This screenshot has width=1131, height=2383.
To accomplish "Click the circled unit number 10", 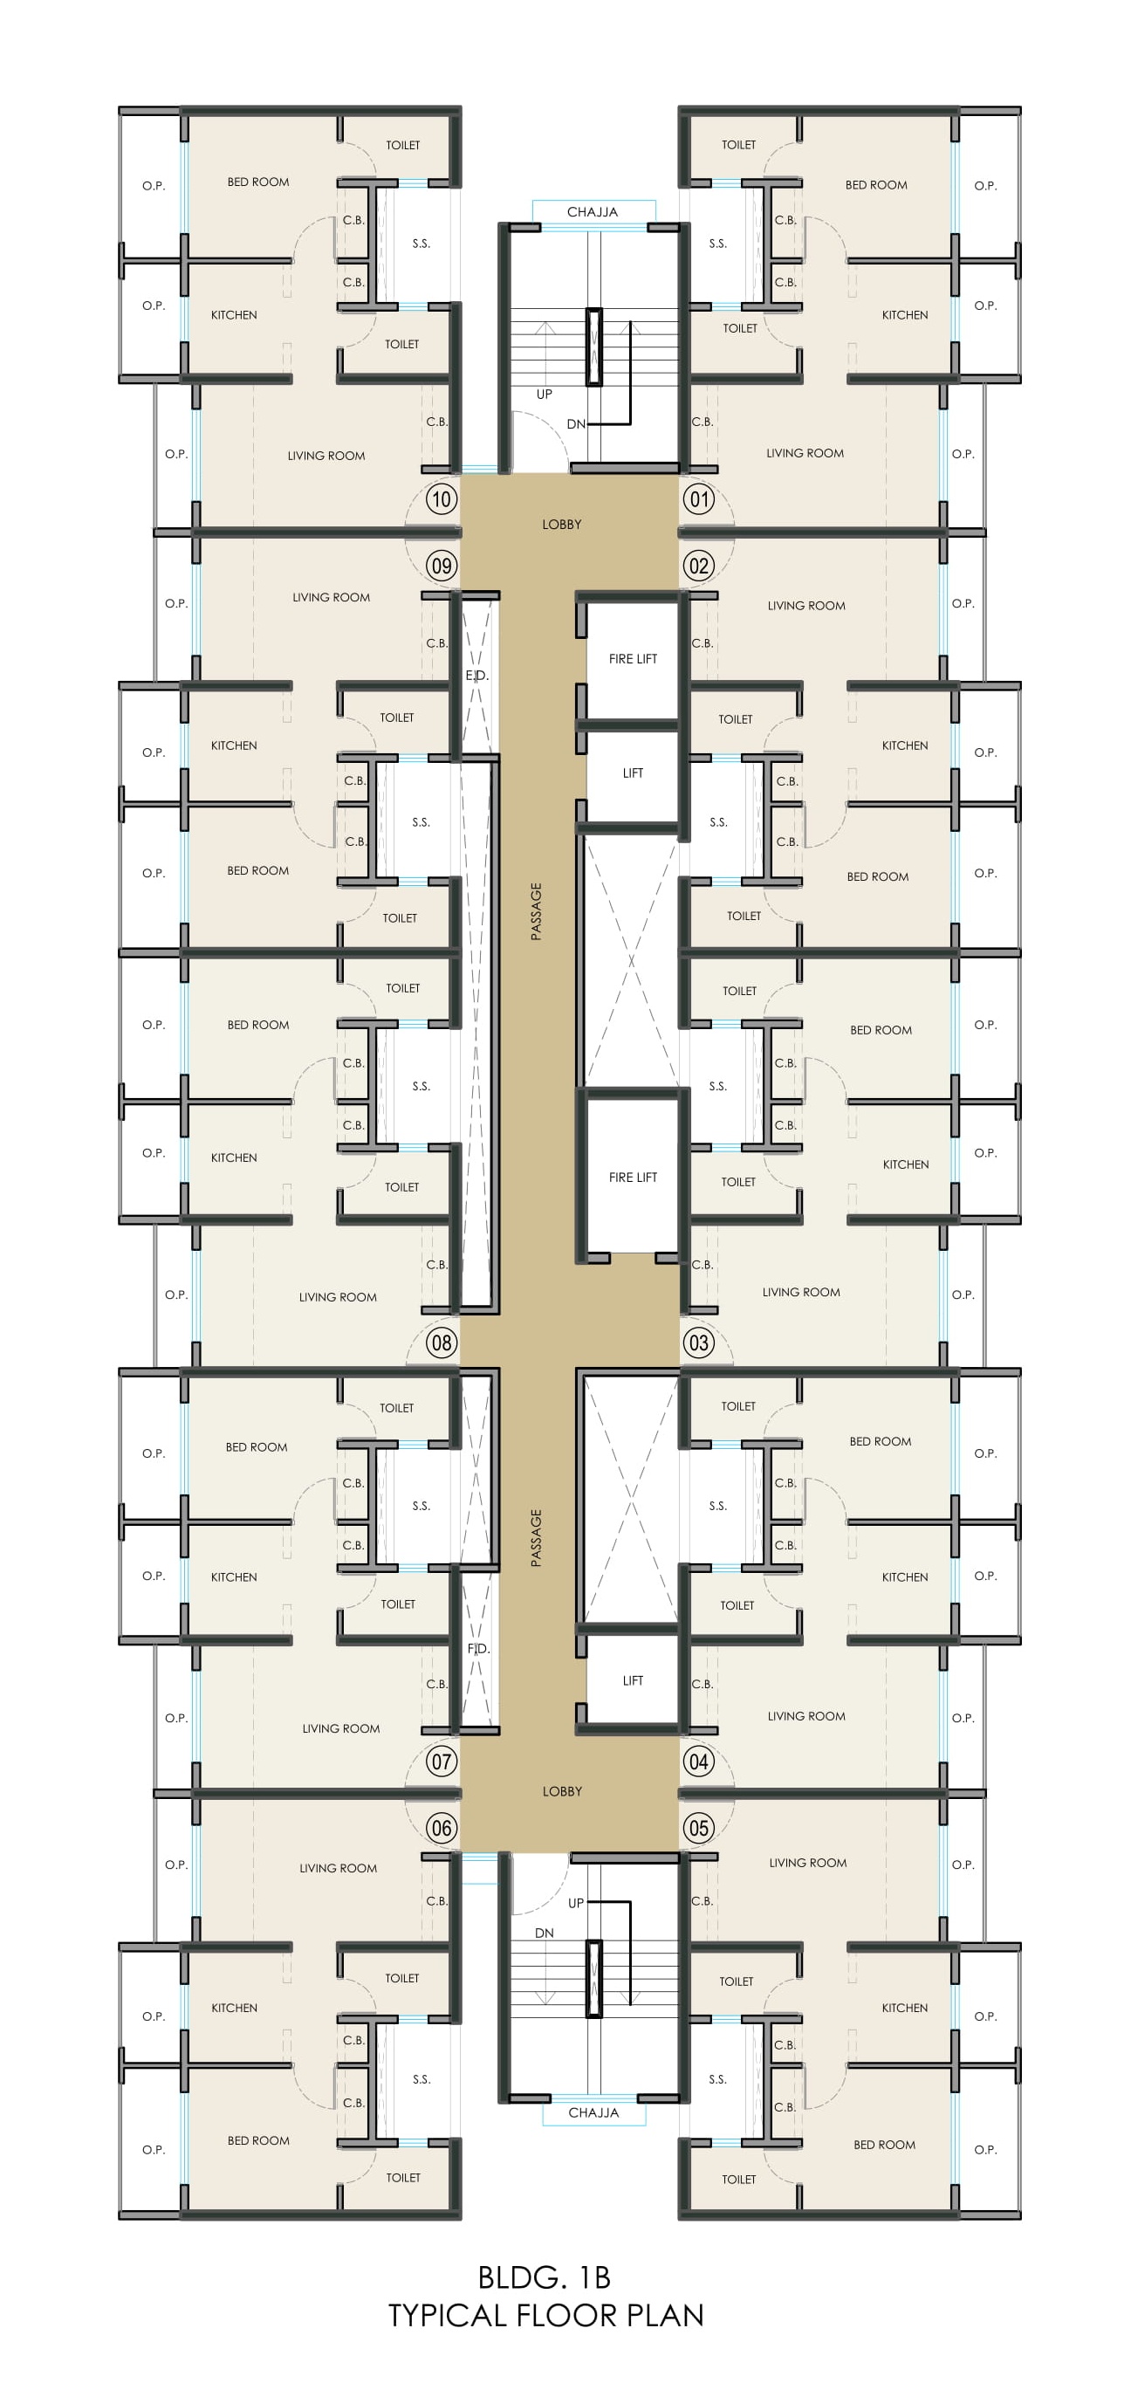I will [x=441, y=499].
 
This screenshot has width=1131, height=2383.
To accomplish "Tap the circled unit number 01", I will [x=698, y=499].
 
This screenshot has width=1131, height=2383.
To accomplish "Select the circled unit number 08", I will [x=441, y=1343].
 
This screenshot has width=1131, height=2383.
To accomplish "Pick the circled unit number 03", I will [x=698, y=1343].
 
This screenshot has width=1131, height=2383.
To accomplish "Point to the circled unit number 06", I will [x=441, y=1827].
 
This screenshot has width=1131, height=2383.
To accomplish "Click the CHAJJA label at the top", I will [x=592, y=212].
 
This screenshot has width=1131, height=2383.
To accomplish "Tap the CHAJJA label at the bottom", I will [x=593, y=2112].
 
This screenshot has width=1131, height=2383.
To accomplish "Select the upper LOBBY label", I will [x=561, y=525].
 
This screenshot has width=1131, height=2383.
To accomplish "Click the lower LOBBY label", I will [x=561, y=1791].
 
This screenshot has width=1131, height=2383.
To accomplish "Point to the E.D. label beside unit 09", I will [x=476, y=676].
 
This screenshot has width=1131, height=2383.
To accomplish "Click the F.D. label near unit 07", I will [x=478, y=1649].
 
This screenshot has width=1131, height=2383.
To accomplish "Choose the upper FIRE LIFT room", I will [x=633, y=659].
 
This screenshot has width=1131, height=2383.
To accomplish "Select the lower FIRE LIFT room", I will [x=633, y=1177].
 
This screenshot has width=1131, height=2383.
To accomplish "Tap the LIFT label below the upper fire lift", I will [x=633, y=773].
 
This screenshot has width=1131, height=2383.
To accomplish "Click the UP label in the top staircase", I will [x=544, y=394].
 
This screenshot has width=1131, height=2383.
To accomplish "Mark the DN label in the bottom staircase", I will [x=544, y=1933].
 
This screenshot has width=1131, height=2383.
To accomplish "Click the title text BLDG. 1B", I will [x=544, y=2276].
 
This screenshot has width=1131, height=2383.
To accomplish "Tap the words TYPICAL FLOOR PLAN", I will [x=545, y=2316].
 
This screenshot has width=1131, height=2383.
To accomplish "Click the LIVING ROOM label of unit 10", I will [x=326, y=455].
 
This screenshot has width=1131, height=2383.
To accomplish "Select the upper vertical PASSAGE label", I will [x=536, y=911].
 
